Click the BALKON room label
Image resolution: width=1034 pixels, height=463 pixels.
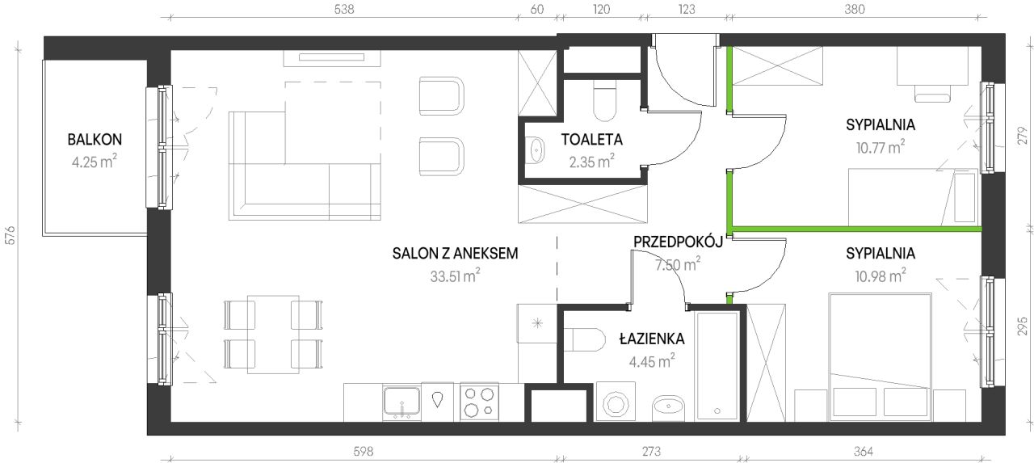[x=95, y=140]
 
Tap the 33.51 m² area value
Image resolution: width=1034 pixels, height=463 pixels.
[x=455, y=276]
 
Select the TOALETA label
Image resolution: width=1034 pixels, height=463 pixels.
[x=592, y=140]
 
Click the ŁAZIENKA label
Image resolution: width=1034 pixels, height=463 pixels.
[x=652, y=339]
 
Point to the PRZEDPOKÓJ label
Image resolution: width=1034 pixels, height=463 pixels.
[x=678, y=242]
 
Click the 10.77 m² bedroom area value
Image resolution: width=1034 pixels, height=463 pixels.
[x=881, y=147]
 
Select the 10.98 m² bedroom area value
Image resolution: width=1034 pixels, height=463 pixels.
[x=881, y=276]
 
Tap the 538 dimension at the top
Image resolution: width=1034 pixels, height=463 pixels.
[x=344, y=9]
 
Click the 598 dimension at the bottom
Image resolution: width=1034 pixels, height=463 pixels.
[x=363, y=451]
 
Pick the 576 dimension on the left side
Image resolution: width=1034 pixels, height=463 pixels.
[x=11, y=235]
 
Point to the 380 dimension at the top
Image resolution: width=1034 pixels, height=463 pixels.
[x=855, y=9]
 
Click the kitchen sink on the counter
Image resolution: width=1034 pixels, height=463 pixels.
[x=401, y=402]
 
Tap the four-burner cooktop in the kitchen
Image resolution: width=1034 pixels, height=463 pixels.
[x=479, y=402]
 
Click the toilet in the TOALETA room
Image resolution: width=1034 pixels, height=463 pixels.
[x=604, y=101]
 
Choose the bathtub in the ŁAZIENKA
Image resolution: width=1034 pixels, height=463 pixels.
[x=717, y=366]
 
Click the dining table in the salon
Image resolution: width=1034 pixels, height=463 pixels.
[x=273, y=335]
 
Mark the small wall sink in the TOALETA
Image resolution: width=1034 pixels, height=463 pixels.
[x=536, y=149]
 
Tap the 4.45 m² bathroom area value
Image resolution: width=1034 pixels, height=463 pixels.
[x=652, y=361]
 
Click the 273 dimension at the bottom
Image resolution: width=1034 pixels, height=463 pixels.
[x=651, y=451]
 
